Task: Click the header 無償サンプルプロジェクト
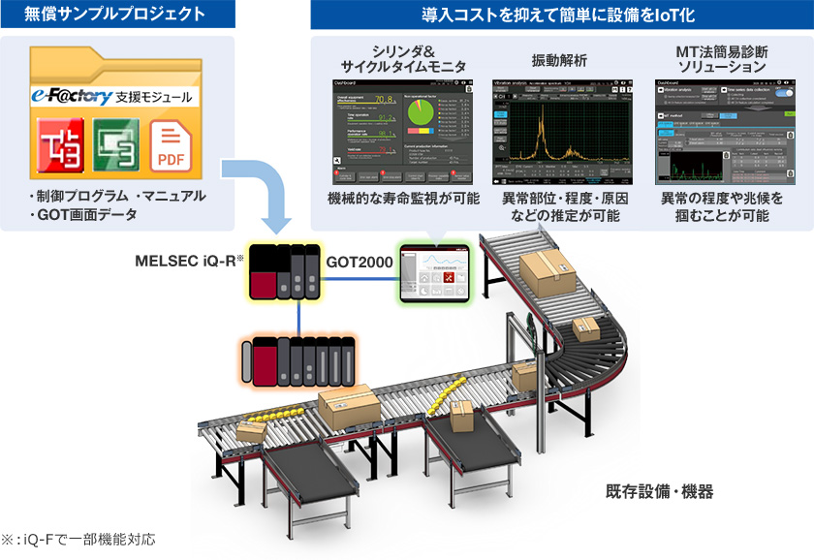click(116, 15)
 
